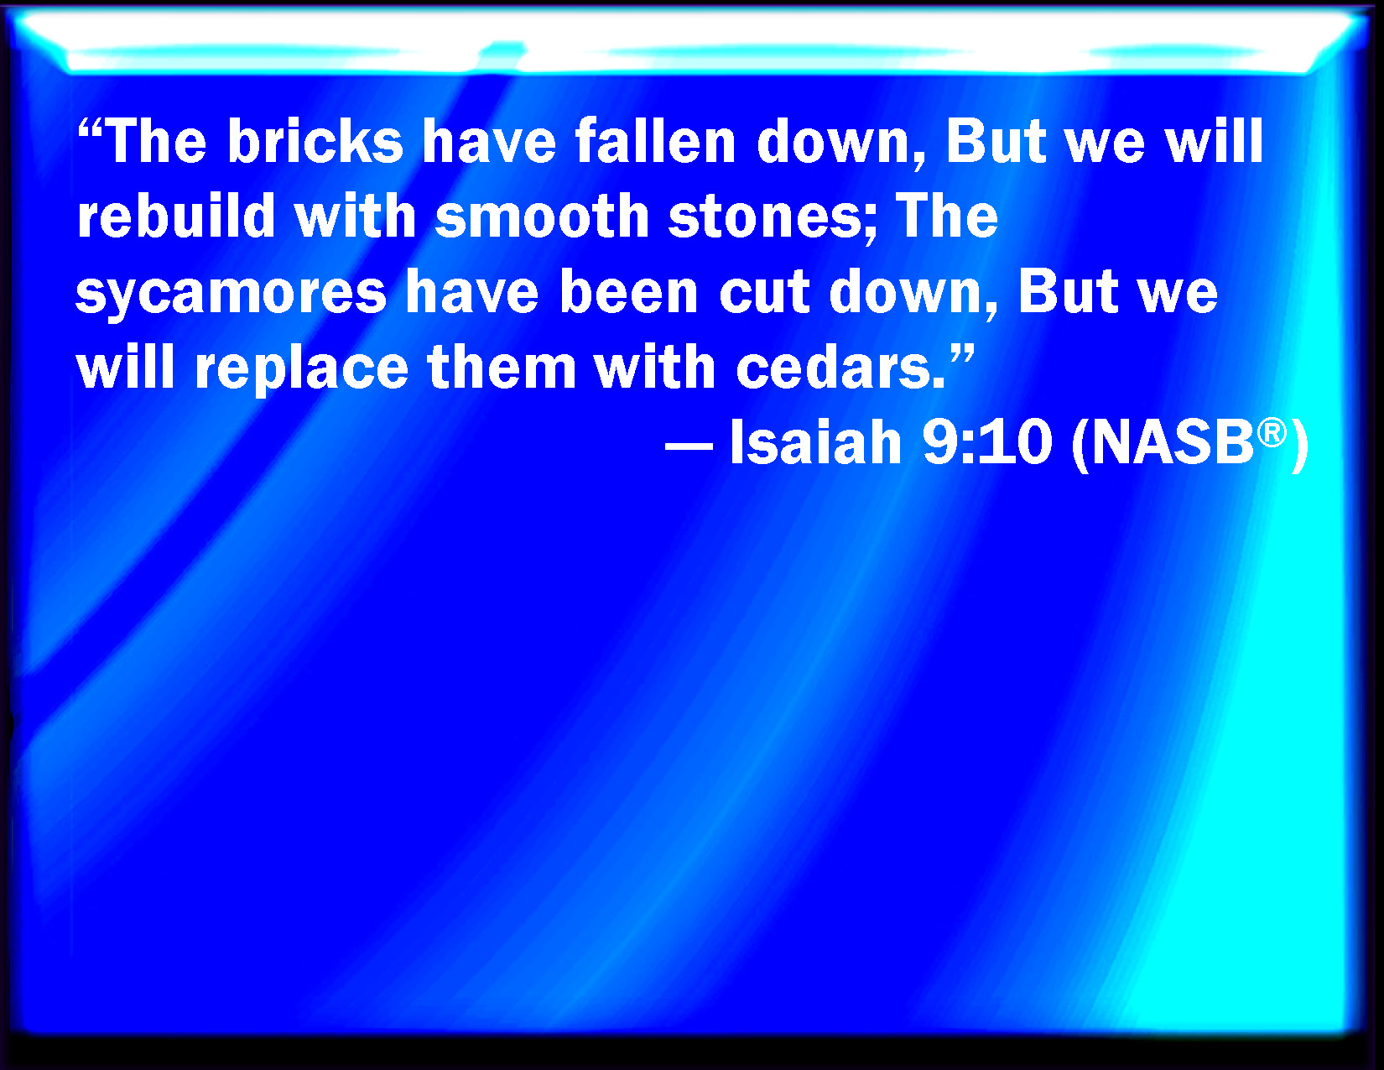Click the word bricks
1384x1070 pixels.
(x=315, y=140)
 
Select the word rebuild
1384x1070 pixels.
(x=176, y=216)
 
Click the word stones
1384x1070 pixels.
(x=764, y=217)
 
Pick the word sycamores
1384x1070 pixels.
(x=232, y=294)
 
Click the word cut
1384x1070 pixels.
(x=764, y=293)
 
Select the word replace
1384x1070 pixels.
(x=301, y=369)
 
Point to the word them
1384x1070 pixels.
(x=502, y=367)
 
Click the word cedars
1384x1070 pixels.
(x=840, y=367)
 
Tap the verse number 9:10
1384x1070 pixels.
(x=987, y=443)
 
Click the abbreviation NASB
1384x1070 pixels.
(x=1173, y=443)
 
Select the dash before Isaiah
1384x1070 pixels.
(x=689, y=444)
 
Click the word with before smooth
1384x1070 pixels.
(x=356, y=216)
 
